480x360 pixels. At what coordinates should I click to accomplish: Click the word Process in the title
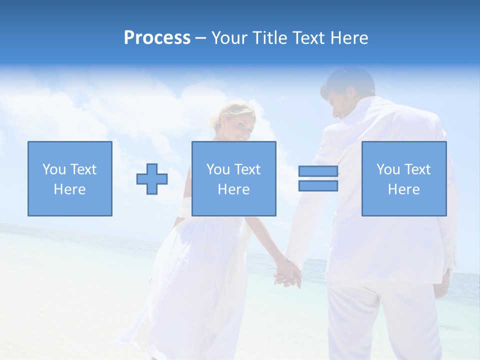click(x=157, y=38)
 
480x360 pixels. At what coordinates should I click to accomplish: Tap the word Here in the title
click(x=348, y=38)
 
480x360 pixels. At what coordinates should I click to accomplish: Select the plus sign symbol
click(x=152, y=179)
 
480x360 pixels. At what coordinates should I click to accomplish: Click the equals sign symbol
click(x=318, y=178)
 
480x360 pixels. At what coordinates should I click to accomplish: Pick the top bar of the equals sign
click(x=318, y=171)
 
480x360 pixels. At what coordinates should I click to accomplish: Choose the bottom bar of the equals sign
click(x=318, y=185)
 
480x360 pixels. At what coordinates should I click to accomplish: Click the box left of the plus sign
click(x=70, y=178)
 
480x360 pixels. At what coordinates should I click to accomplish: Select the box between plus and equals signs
click(x=233, y=178)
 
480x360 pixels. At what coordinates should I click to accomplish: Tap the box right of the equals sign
click(x=404, y=178)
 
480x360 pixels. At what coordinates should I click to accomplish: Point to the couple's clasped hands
click(x=288, y=272)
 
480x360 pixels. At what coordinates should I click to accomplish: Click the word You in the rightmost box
click(x=388, y=169)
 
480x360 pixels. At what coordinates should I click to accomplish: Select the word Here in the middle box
click(x=233, y=189)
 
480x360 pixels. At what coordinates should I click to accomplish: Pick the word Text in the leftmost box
click(x=82, y=169)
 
